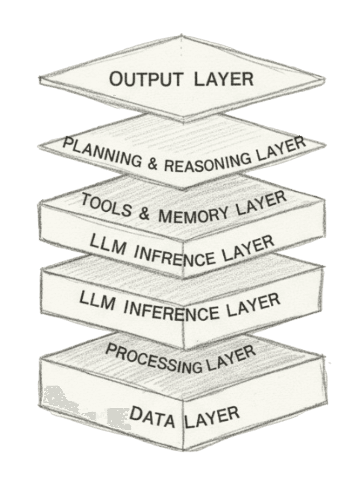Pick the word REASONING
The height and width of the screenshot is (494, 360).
click(x=205, y=163)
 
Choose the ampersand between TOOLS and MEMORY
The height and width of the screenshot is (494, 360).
click(x=143, y=214)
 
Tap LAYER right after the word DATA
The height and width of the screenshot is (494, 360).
click(x=213, y=415)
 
